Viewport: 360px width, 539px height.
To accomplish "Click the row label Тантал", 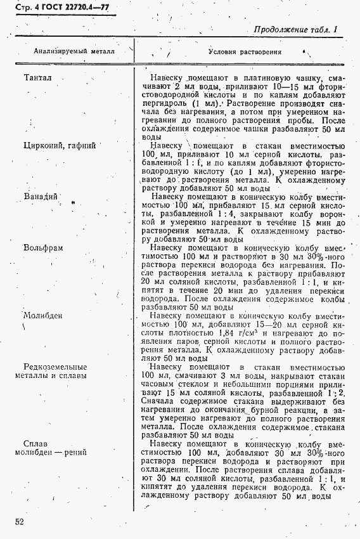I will pyautogui.click(x=37, y=78).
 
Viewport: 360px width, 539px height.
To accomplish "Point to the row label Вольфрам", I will pyautogui.click(x=43, y=248).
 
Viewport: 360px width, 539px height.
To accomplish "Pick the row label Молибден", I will pyautogui.click(x=42, y=315).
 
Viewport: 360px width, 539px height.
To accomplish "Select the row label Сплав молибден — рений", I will pyautogui.click(x=51, y=447).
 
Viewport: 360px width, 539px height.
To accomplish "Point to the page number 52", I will pyautogui.click(x=21, y=522).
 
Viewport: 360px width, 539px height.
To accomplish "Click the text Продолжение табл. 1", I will pyautogui.click(x=296, y=29).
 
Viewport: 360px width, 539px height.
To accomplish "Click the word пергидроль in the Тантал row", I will pyautogui.click(x=163, y=103).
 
